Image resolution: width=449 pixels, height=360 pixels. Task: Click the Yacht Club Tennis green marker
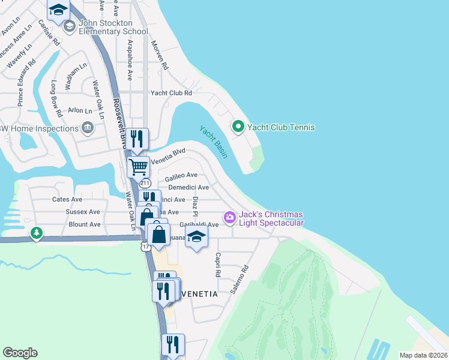[238, 127]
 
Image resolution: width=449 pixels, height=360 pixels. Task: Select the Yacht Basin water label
[214, 142]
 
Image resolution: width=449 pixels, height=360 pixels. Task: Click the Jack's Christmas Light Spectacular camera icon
[229, 217]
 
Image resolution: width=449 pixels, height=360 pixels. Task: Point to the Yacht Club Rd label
[171, 93]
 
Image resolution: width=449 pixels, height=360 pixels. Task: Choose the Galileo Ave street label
[181, 175]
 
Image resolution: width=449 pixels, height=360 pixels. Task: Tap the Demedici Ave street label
[188, 187]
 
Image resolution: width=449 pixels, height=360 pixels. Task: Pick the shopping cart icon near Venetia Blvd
[139, 166]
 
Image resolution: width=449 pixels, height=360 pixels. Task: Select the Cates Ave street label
[67, 199]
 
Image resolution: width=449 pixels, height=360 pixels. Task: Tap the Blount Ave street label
[85, 224]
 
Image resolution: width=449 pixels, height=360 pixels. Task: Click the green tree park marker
[37, 232]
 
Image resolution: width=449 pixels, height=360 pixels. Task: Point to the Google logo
[20, 353]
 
